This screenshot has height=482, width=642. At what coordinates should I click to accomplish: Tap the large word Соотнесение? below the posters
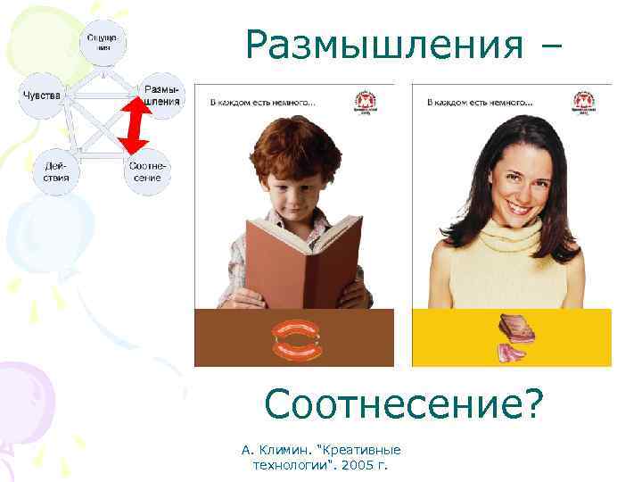[x=403, y=407]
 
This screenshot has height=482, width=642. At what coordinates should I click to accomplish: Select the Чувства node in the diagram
[x=41, y=96]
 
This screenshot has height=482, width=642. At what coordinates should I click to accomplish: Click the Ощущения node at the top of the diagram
[x=105, y=42]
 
